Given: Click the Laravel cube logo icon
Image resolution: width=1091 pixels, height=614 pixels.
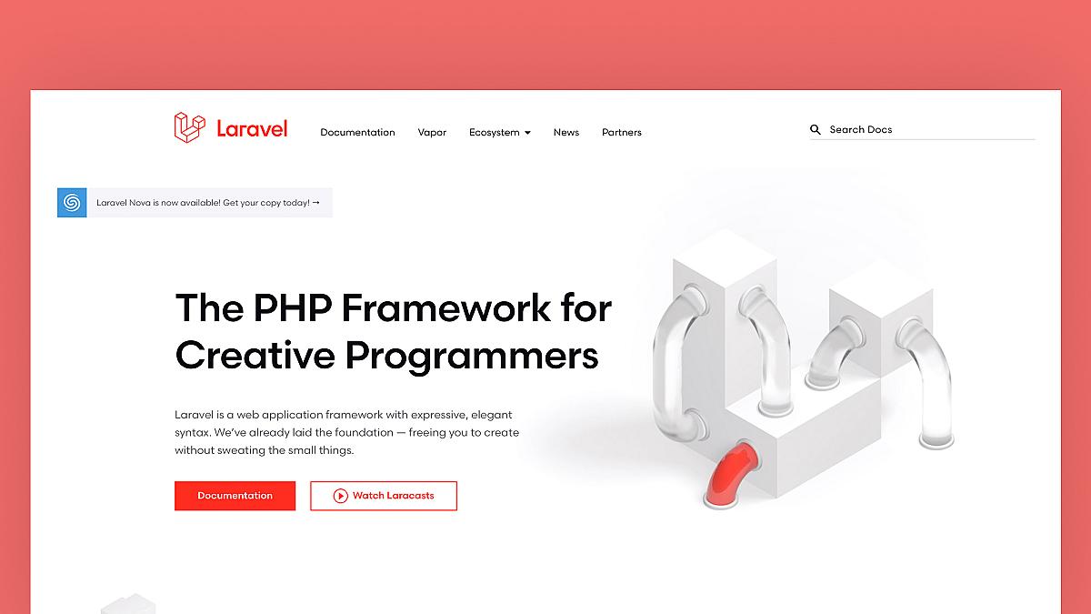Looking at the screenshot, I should (x=189, y=127).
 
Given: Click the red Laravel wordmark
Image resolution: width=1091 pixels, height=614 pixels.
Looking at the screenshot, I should (x=252, y=129).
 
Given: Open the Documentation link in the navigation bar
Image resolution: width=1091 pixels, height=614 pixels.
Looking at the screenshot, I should (x=357, y=133).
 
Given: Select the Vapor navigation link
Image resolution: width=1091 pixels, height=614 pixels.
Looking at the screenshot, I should (x=432, y=133).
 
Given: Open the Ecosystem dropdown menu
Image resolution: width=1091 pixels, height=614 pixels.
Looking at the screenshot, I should (x=495, y=133).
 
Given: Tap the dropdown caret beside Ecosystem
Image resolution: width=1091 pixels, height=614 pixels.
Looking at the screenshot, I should (x=527, y=133).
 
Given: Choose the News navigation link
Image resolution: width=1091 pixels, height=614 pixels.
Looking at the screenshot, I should (x=566, y=133).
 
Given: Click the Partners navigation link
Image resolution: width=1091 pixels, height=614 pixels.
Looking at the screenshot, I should (x=621, y=133).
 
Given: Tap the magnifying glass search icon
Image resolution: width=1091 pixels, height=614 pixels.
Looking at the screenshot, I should (x=816, y=130).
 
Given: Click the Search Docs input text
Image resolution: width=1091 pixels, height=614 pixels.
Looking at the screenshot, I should (x=861, y=130).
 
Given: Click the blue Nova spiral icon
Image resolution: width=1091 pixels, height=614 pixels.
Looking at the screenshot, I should (x=72, y=202).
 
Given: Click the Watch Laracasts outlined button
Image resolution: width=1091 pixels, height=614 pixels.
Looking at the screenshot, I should (x=384, y=496).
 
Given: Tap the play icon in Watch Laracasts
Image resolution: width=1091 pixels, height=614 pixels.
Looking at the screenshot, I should (x=340, y=496).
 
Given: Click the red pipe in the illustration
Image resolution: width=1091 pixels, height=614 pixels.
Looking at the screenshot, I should (x=728, y=472).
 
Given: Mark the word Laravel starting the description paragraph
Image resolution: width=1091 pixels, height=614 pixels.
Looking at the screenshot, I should (x=192, y=415).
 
